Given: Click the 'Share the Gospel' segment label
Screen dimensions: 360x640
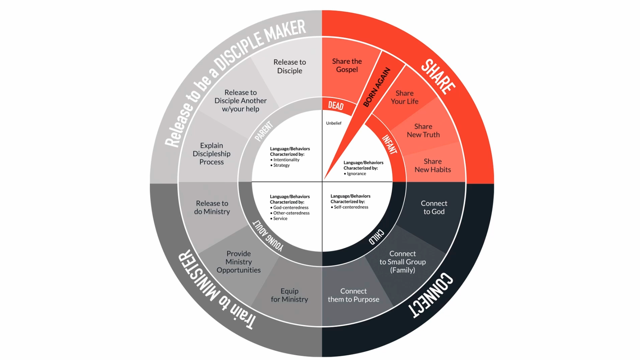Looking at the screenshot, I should click(x=347, y=65).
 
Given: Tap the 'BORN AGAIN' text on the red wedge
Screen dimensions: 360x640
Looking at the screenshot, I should click(x=376, y=87).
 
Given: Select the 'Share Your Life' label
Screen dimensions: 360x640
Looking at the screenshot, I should click(x=404, y=97).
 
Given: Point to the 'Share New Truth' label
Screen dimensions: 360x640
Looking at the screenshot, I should click(x=423, y=131).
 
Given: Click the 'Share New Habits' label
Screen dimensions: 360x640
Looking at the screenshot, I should click(x=432, y=165).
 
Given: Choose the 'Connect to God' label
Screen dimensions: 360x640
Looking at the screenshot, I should click(x=434, y=207).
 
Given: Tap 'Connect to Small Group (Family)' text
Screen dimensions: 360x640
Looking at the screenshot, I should click(x=402, y=262).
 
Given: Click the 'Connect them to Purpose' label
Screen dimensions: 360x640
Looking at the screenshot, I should click(x=353, y=295).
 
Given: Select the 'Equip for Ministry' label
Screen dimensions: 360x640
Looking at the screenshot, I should click(x=289, y=295).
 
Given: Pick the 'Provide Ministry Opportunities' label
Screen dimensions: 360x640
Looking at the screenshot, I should click(x=239, y=262).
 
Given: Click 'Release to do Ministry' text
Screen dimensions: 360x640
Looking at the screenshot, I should click(x=212, y=207).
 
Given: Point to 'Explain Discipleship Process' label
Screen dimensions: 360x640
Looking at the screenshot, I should click(x=211, y=154).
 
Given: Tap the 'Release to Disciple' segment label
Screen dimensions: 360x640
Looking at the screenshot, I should click(x=289, y=66).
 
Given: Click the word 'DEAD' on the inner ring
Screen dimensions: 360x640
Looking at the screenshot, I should click(x=335, y=106).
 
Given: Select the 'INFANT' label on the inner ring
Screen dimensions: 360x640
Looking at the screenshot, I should click(x=389, y=144).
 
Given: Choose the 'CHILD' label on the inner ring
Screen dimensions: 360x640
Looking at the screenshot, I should click(x=376, y=237).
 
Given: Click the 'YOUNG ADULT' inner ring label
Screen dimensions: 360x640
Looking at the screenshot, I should click(x=268, y=236).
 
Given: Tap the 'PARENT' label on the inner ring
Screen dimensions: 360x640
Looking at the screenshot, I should click(x=264, y=131).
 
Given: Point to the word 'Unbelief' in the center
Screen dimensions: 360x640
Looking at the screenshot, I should click(x=333, y=123).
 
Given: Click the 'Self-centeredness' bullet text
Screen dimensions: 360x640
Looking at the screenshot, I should click(x=351, y=207).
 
